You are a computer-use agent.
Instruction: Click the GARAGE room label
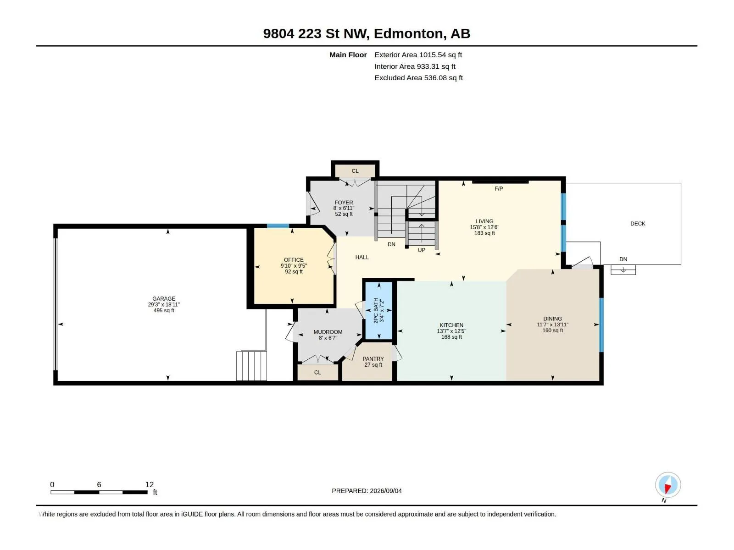pos(163,298)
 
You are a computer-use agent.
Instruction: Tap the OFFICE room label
pos(294,260)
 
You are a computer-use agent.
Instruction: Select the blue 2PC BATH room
pos(378,311)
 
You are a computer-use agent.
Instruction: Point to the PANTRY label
pos(373,359)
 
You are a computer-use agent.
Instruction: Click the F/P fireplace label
pos(499,189)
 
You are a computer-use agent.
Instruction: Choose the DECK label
pos(638,224)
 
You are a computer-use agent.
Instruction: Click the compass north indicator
pos(668,484)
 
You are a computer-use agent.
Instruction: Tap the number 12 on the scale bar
pos(150,484)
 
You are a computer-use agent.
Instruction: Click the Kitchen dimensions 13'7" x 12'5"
pos(451,331)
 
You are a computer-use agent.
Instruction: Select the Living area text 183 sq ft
pos(484,233)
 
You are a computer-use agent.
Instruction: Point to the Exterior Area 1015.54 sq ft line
pos(418,55)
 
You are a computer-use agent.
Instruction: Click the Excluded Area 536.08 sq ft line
pos(418,78)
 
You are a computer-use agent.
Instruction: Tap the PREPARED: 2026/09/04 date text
pos(367,491)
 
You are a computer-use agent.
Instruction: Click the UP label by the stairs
pos(421,250)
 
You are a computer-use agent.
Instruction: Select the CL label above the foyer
pos(355,171)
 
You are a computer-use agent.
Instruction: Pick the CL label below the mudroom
pos(317,372)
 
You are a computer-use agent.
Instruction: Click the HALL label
pos(362,257)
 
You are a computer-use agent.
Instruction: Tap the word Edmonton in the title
pos(409,33)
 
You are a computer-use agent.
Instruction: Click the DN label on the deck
pos(623,259)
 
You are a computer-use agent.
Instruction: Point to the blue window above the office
pos(278,226)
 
